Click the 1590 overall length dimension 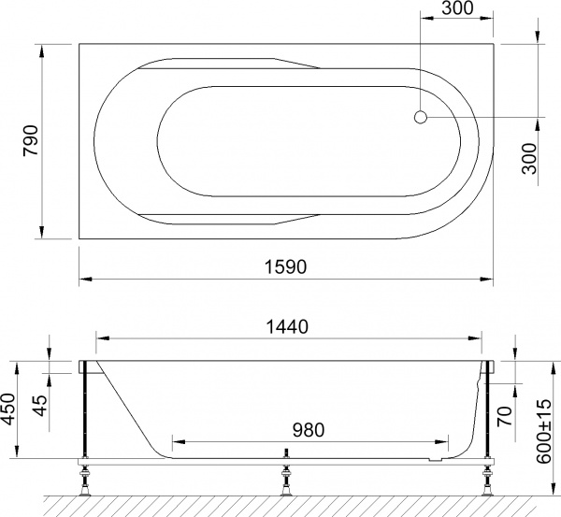(x=285, y=266)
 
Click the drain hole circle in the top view (x=421, y=118)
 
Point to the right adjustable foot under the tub (x=487, y=484)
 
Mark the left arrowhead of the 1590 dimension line (x=82, y=279)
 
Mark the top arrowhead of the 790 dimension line (x=43, y=48)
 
